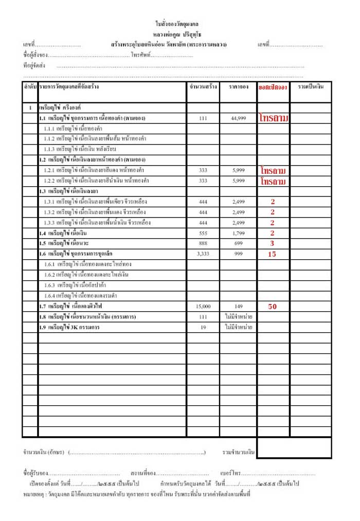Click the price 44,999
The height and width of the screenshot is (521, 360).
point(238,118)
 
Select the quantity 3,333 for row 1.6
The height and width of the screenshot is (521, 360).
point(203,254)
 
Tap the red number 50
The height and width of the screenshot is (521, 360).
point(272,306)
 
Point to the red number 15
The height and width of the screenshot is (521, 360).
point(272,254)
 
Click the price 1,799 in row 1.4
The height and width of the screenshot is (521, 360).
point(238,233)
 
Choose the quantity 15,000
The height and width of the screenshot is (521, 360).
point(203,307)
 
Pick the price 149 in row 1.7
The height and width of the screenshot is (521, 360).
point(238,307)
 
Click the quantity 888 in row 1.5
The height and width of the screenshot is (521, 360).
point(203,243)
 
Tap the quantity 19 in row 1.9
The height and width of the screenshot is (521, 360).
point(203,327)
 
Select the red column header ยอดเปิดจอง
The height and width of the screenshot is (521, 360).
point(273,87)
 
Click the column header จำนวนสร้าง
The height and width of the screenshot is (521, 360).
point(203,87)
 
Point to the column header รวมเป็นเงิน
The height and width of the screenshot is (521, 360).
point(310,87)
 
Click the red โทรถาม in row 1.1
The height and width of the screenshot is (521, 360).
point(274,118)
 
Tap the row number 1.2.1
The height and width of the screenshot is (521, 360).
point(49,170)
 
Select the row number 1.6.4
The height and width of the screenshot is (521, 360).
point(50,296)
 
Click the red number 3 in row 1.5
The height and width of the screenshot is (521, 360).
point(272,243)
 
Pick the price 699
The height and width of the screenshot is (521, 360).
point(238,243)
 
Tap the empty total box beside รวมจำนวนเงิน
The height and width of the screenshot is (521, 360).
point(294,448)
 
